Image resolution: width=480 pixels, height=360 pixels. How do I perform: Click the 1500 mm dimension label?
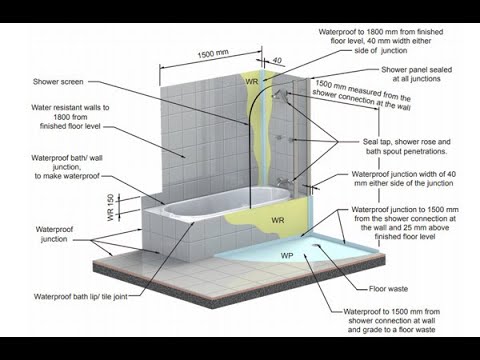point(213,53)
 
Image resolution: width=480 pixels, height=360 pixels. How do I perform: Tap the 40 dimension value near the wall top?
point(277,61)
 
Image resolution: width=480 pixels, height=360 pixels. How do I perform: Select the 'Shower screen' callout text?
point(58,82)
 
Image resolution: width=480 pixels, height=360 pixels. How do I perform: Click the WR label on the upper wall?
point(252,81)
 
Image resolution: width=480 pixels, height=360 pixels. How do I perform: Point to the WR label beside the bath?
point(278,220)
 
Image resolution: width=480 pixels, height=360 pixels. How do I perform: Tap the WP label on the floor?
point(287,256)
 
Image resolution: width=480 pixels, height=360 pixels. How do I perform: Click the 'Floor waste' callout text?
point(388,289)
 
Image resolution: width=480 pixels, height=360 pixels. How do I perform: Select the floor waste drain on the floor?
point(316,246)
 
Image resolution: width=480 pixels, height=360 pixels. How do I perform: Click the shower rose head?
point(279,94)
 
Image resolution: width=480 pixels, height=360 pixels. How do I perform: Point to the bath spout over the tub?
point(283,182)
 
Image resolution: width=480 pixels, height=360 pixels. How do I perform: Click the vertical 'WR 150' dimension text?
point(111,207)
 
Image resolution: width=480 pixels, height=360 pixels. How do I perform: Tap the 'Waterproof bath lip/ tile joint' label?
point(81,296)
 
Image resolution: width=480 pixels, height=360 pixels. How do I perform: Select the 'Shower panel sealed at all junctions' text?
point(416,74)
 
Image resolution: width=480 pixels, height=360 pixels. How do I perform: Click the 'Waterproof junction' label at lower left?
point(54,234)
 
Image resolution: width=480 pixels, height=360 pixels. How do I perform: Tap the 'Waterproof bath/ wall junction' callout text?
point(67,167)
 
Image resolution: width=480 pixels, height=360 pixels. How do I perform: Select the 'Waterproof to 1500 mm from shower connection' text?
point(392,320)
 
